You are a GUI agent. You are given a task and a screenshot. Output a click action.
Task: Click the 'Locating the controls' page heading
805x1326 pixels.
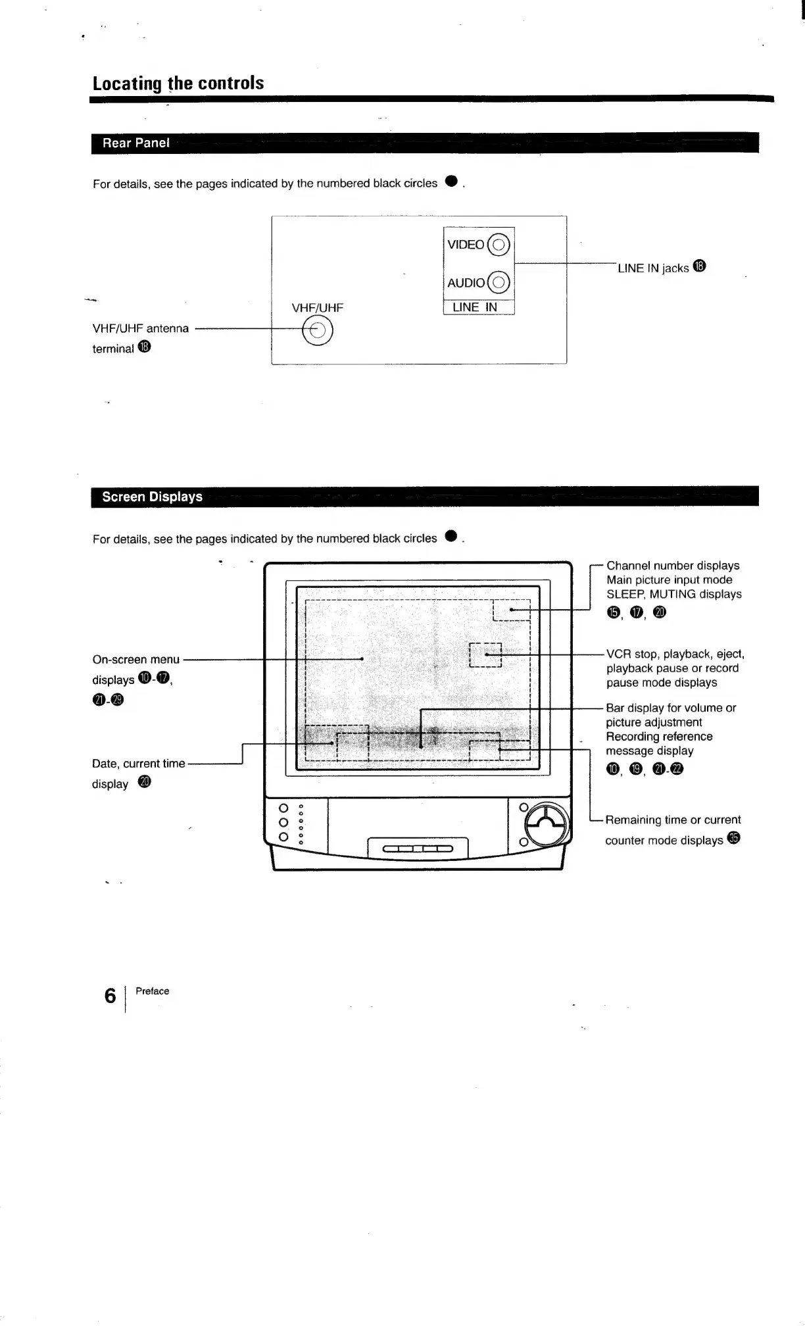click(x=178, y=84)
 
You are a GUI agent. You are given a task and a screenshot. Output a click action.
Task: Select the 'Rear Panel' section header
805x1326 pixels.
click(x=135, y=143)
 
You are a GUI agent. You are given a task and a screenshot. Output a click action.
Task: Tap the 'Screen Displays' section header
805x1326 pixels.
click(x=152, y=497)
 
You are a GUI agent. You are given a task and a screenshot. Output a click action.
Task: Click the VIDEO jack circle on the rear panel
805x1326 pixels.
click(x=499, y=245)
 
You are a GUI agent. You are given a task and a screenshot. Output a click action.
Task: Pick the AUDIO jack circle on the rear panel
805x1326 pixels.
click(x=499, y=283)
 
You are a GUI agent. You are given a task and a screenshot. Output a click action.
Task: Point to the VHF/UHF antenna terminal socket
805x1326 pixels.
click(x=318, y=330)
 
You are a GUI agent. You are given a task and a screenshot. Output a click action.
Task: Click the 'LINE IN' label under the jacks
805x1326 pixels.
click(x=475, y=307)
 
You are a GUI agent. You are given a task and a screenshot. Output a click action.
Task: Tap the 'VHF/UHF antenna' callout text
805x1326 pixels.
click(x=141, y=328)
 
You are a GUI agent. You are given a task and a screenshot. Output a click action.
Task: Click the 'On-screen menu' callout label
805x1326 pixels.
click(x=136, y=659)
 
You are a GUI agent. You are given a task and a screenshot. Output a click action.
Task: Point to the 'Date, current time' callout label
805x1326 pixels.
click(x=139, y=764)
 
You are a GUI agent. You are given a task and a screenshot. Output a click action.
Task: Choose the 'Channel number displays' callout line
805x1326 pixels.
click(x=673, y=566)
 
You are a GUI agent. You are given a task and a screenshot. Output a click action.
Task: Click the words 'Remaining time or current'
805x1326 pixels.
click(x=673, y=820)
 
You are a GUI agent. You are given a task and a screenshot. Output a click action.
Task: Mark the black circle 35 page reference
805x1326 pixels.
click(x=734, y=839)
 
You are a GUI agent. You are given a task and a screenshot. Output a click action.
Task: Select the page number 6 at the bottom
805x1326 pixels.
click(x=110, y=996)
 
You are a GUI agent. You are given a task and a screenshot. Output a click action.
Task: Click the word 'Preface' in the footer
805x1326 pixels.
click(x=152, y=991)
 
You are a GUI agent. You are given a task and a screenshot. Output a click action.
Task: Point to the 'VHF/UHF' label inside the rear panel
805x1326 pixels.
click(x=317, y=308)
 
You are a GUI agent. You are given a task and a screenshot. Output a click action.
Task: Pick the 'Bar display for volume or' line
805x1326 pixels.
click(x=671, y=708)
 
